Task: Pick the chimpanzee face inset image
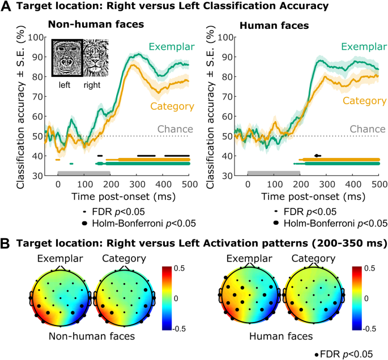click(x=67, y=57)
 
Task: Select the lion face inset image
click(x=98, y=57)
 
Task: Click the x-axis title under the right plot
click(x=313, y=196)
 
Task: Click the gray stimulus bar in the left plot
click(x=83, y=172)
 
